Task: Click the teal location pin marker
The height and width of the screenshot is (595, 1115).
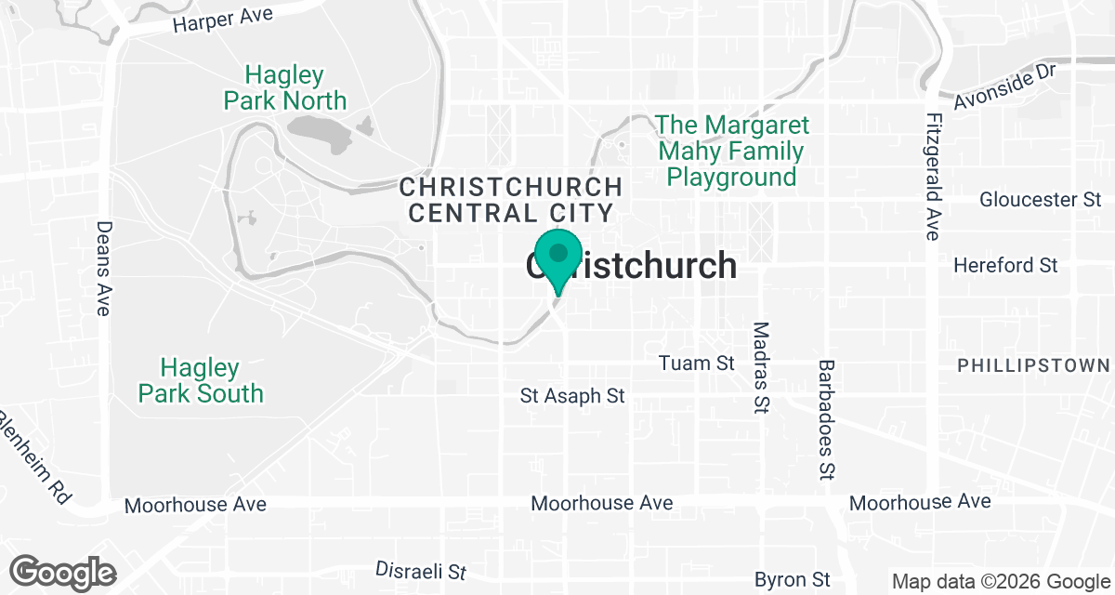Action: tap(558, 258)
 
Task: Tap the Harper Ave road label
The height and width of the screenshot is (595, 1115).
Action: tap(222, 20)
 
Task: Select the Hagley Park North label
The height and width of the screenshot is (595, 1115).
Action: tap(285, 87)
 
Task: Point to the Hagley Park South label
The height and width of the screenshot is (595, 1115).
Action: tap(201, 380)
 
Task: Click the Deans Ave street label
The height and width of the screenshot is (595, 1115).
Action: tap(103, 268)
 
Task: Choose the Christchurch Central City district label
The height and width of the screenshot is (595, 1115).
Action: tap(510, 199)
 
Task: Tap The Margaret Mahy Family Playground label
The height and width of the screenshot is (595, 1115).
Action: tap(732, 151)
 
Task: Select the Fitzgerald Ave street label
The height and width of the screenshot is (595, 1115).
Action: tap(933, 177)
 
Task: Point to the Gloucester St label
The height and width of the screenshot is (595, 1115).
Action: tap(1040, 200)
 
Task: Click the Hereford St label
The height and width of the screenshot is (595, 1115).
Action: tap(1005, 266)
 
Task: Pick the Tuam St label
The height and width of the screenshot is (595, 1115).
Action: tap(696, 363)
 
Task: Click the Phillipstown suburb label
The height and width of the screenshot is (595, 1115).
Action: tap(1033, 365)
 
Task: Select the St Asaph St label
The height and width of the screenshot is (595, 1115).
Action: tap(572, 396)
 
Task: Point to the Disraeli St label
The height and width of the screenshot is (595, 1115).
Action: tap(421, 570)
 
